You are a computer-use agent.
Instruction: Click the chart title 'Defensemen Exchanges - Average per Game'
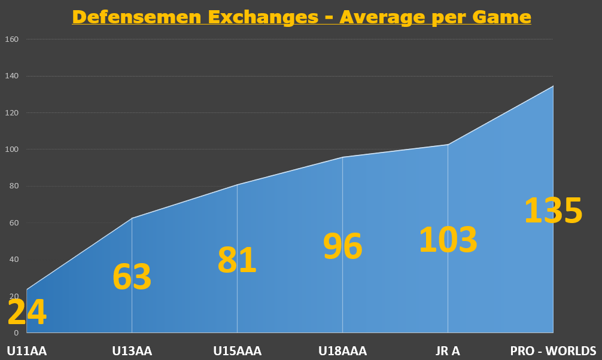(x=301, y=16)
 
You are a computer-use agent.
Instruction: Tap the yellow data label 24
(x=27, y=313)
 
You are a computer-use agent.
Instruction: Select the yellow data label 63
(x=132, y=277)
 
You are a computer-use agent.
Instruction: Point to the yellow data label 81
(x=237, y=261)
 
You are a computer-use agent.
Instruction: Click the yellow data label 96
(x=342, y=246)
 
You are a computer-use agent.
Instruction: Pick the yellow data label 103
(x=448, y=240)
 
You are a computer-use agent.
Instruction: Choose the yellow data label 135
(x=553, y=211)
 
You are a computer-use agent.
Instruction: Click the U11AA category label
(x=27, y=351)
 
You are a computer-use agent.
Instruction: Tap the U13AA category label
(x=132, y=351)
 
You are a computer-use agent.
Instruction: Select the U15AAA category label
(x=238, y=351)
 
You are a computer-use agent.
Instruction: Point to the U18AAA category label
(x=342, y=351)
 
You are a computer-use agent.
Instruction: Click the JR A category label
(x=448, y=351)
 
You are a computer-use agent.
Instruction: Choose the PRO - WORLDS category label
(x=553, y=351)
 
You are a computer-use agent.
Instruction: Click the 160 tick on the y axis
(x=13, y=39)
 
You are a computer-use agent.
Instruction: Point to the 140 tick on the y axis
(x=13, y=76)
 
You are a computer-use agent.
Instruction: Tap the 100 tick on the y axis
(x=13, y=150)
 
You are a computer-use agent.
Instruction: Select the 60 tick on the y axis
(x=14, y=223)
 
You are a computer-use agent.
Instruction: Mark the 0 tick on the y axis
(x=16, y=332)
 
